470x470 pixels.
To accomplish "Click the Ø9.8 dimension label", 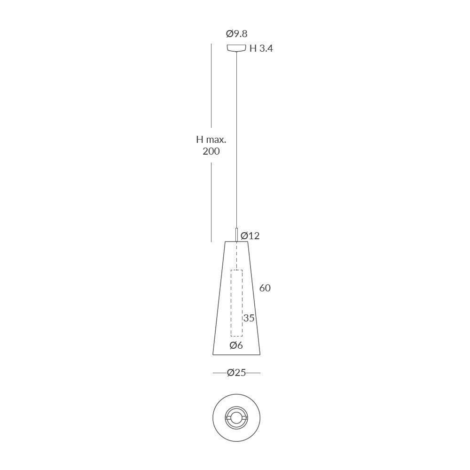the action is click(x=236, y=33).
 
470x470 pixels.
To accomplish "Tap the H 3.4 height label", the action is click(x=261, y=48).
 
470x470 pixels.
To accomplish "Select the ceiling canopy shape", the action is click(x=236, y=47).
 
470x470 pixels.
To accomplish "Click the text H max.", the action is click(x=211, y=140).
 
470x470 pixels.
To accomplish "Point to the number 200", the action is click(x=211, y=151).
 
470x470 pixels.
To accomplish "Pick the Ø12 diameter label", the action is click(x=250, y=235).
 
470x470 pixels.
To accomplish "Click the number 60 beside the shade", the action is click(x=265, y=288).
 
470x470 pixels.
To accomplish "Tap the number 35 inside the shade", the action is click(x=249, y=318).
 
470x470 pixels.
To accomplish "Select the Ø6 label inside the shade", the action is click(x=236, y=345).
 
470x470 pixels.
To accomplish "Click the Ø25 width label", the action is click(x=236, y=373).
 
